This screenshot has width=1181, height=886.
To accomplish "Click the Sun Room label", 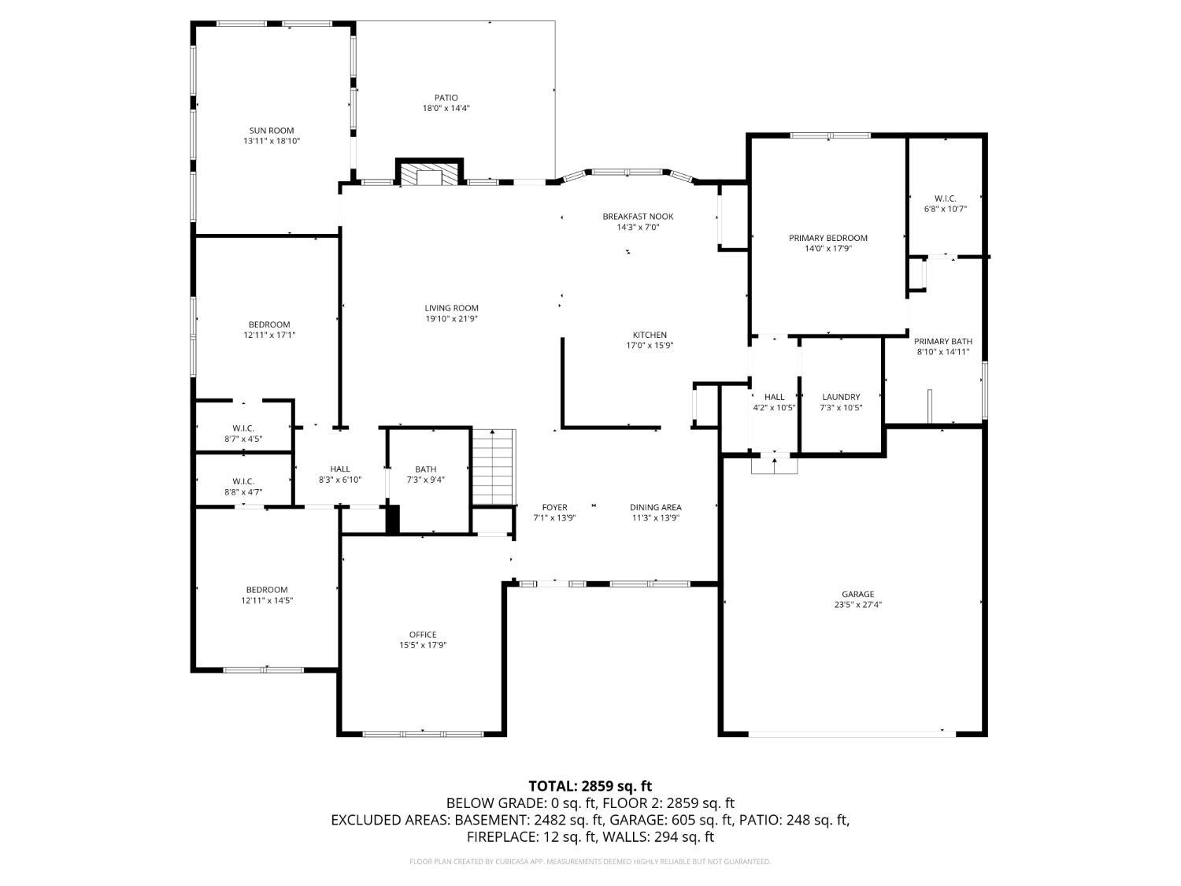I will click(272, 131).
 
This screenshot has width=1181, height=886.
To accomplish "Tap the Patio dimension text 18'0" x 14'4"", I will click(446, 109).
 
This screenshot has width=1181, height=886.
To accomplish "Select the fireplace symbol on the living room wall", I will click(429, 173).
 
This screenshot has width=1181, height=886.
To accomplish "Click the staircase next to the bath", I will click(494, 466).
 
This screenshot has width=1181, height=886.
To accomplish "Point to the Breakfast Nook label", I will click(638, 217).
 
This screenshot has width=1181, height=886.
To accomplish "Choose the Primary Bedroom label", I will click(828, 238).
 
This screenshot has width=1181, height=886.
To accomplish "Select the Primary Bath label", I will click(942, 341).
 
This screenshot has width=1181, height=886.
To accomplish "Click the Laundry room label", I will click(841, 397).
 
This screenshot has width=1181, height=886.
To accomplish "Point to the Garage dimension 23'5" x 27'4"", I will click(857, 605).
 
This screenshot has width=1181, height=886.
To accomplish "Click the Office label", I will click(423, 635).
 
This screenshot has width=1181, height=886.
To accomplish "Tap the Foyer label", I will click(554, 507).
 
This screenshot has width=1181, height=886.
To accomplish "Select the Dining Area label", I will click(655, 507).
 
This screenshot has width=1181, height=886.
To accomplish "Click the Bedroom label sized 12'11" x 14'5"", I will click(267, 590).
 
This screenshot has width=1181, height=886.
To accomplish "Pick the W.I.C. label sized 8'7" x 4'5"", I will click(243, 428).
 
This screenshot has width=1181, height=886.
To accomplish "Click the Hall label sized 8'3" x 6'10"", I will click(340, 469).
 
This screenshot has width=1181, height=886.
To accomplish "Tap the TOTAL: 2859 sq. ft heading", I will click(590, 785).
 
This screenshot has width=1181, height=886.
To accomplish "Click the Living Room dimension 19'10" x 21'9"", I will click(452, 319).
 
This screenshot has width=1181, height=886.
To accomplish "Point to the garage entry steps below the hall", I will click(774, 465).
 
